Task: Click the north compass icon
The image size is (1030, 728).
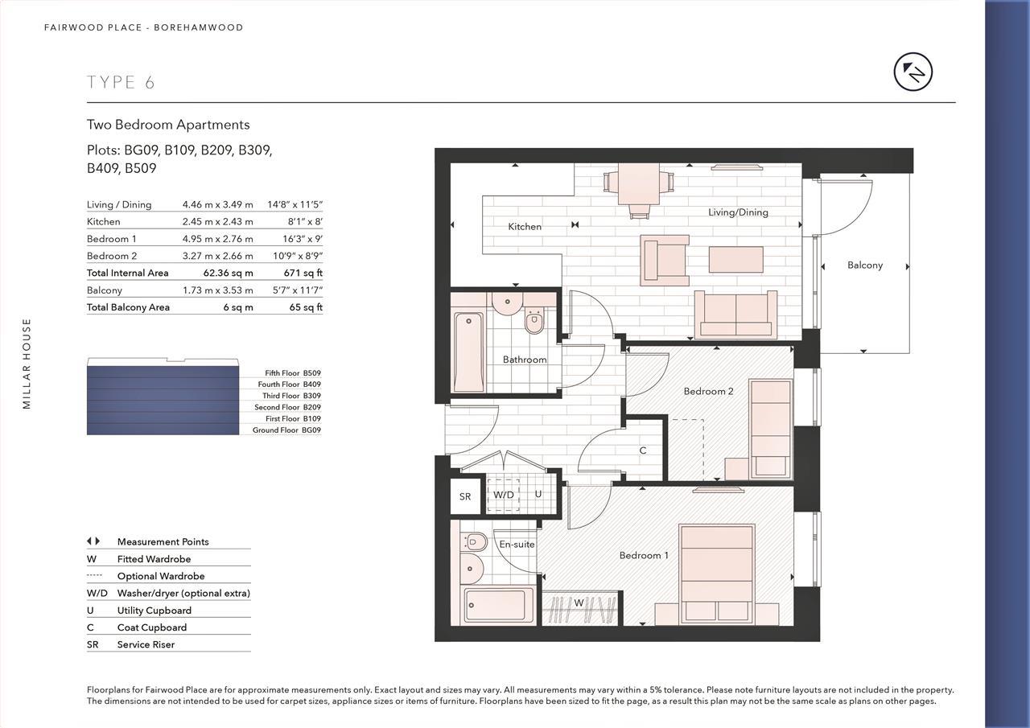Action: point(913,72)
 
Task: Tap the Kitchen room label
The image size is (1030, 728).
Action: point(525,227)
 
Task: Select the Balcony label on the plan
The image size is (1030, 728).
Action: point(864,265)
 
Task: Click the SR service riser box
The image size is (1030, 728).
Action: point(465,497)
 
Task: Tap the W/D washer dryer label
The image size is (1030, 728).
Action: point(504,495)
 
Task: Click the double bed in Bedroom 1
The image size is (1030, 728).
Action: point(716,573)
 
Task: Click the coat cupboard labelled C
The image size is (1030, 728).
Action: point(643,450)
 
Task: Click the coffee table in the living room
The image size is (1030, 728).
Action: point(735,260)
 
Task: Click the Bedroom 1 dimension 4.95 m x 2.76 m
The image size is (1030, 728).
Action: point(217,239)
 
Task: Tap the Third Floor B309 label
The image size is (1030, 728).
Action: point(290,396)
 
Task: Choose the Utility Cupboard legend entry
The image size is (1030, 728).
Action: point(154,611)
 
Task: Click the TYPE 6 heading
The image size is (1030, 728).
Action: point(121,82)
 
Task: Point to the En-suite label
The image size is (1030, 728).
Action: point(517,545)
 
